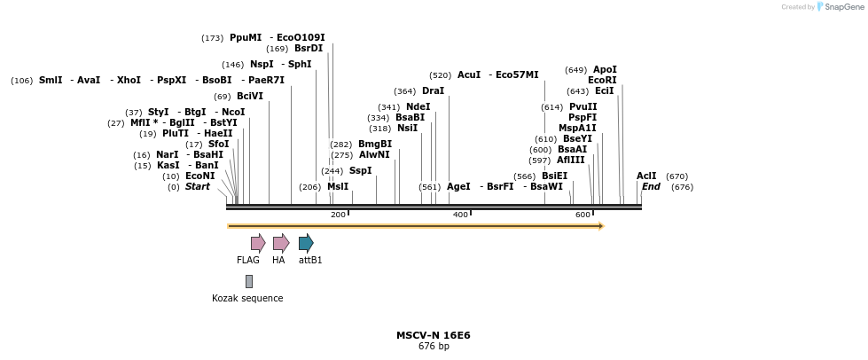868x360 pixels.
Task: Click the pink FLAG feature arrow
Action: (258, 243)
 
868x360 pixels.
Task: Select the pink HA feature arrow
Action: (280, 243)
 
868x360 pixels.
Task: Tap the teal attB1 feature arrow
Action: (306, 243)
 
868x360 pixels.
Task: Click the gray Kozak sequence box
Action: (249, 281)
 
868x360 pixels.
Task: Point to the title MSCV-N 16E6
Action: (434, 335)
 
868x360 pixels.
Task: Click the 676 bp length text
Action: (434, 347)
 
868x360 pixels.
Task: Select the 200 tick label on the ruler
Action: (338, 215)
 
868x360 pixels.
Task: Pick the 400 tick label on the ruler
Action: (460, 215)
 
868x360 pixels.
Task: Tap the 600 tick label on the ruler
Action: (583, 215)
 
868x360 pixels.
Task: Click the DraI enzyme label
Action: (433, 91)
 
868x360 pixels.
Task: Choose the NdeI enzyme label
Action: (418, 106)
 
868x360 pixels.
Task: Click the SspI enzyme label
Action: (360, 170)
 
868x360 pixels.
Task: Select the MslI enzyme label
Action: (338, 187)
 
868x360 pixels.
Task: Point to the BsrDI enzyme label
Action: (309, 49)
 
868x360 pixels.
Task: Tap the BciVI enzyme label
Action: (250, 96)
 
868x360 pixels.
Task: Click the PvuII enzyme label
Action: (583, 106)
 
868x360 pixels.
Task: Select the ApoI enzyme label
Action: (605, 69)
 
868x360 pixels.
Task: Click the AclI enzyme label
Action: (646, 176)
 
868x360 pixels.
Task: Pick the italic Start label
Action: (198, 187)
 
